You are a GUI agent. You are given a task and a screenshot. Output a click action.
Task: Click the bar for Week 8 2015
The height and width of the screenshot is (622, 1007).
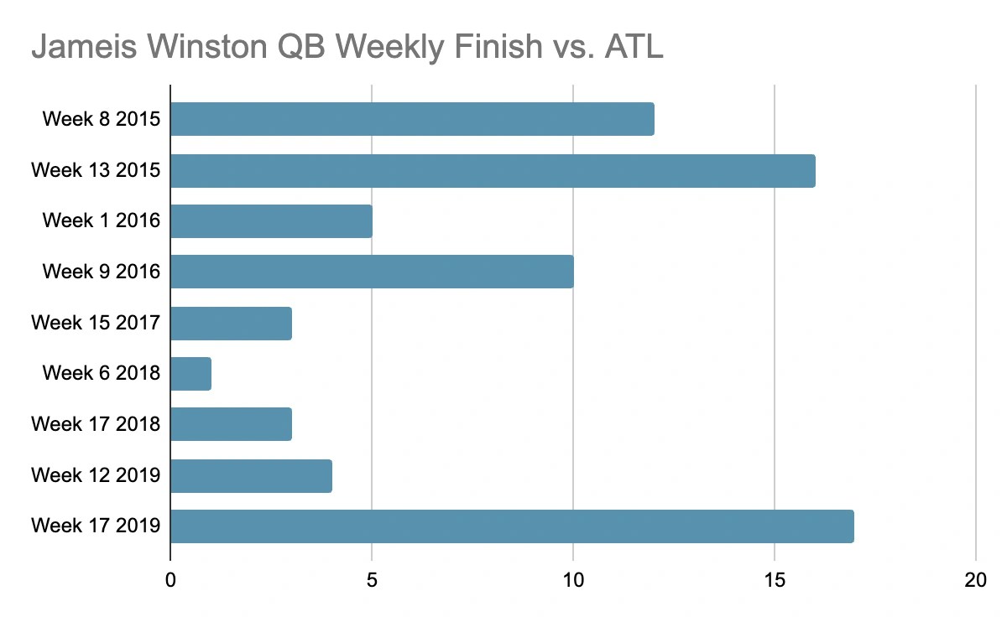tap(412, 119)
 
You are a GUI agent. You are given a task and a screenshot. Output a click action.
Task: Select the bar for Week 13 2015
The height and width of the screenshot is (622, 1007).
tap(493, 170)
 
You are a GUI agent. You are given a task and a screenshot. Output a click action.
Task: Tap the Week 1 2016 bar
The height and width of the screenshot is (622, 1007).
tap(271, 221)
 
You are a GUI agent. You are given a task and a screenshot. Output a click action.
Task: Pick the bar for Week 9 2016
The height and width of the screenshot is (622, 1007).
tap(372, 272)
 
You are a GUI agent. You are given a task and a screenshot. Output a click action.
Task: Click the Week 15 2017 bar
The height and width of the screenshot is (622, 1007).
tap(231, 323)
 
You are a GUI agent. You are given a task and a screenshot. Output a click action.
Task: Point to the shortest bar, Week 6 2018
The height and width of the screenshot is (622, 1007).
tap(190, 373)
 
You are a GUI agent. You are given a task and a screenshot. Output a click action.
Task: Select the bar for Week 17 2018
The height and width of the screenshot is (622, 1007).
tap(231, 424)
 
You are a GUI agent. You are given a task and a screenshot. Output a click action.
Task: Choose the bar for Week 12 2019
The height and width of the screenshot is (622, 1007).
tap(251, 475)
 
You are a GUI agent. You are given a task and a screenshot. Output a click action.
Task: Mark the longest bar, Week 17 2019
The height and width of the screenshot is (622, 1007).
tap(512, 526)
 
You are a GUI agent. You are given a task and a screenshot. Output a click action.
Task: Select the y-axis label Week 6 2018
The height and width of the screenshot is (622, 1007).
tap(101, 373)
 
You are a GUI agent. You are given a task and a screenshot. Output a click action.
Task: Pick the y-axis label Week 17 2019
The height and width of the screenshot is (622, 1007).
tap(96, 526)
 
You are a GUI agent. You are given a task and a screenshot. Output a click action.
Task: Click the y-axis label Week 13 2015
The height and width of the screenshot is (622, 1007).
tap(96, 170)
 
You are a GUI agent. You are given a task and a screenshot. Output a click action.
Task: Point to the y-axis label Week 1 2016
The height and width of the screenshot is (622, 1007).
tap(101, 221)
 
